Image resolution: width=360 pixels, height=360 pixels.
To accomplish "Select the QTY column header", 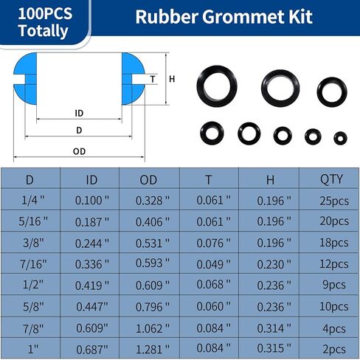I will point(329,179).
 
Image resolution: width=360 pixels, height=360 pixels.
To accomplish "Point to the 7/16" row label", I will point(30,264).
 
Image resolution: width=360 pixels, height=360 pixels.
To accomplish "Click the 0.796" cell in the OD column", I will point(153,306).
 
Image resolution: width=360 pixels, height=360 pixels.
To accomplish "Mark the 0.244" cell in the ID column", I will point(92,243).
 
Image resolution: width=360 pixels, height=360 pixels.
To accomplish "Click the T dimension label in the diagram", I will point(153,80).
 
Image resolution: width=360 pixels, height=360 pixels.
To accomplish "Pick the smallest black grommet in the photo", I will point(340,137).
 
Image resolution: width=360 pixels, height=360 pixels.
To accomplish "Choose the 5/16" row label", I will point(30,221).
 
